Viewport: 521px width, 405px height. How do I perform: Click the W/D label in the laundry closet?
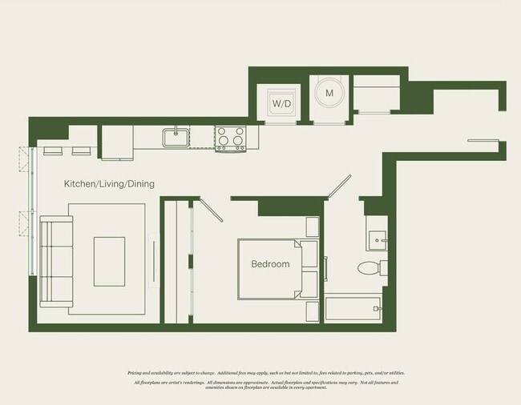pos(280,104)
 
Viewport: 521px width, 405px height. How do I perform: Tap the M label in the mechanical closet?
pos(328,94)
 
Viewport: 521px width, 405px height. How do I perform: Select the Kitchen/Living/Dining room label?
pos(109,184)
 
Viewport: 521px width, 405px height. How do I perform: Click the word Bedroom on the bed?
pos(270,264)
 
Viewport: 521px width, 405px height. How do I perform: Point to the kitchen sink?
pos(176,137)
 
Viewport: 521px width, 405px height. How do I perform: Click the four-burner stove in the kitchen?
pos(231,138)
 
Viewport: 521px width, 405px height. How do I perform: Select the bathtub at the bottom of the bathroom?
pos(353,310)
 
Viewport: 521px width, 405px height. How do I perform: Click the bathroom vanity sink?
pos(376,239)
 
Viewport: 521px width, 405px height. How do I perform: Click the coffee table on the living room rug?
pos(109,261)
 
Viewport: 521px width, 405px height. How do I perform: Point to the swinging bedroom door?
pos(210,210)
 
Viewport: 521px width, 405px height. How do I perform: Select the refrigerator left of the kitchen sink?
pos(116,142)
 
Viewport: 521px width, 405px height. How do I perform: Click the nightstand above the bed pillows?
pos(313,227)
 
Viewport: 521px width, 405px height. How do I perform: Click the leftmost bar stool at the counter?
pos(53,150)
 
